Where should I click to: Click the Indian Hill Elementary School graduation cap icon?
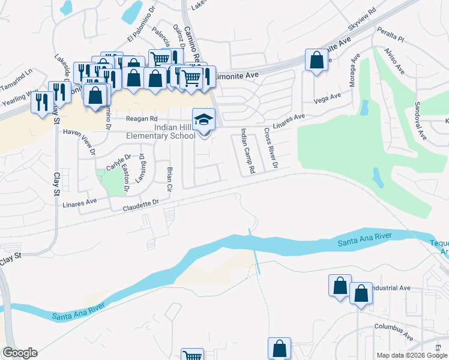tap(203, 119)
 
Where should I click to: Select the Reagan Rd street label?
tap(141, 119)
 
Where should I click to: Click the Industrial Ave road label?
tap(391, 288)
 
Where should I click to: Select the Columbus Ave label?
tap(394, 331)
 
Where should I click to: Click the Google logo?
tap(20, 353)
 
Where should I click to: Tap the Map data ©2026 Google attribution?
tap(411, 355)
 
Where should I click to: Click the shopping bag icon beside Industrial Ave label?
tap(361, 294)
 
